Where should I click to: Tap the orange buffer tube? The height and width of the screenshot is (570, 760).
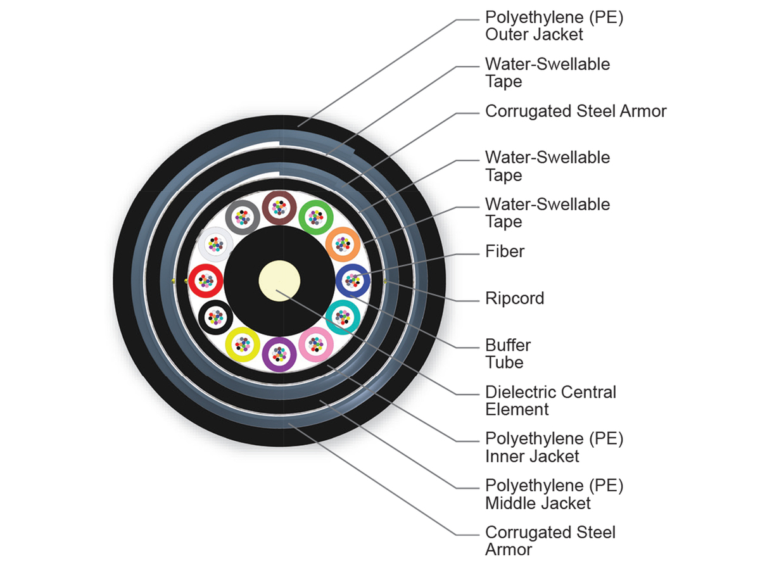(x=343, y=244)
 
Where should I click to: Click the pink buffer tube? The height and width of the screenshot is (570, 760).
(x=315, y=345)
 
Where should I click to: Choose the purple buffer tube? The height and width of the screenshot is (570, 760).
(x=279, y=353)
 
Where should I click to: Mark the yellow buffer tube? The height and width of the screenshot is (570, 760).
(x=242, y=344)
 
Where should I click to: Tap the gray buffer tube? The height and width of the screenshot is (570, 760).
(x=243, y=217)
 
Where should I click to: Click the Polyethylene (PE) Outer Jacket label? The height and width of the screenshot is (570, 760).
(x=554, y=26)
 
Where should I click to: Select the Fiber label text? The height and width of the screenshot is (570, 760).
(x=505, y=251)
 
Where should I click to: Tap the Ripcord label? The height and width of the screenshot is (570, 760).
(x=514, y=298)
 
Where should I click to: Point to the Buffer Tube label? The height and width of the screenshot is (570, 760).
(x=507, y=354)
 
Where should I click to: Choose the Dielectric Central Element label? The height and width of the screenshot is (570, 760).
(x=550, y=400)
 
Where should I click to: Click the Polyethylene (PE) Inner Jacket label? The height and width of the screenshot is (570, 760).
(x=554, y=447)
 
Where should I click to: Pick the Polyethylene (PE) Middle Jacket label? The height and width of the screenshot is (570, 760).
(x=554, y=494)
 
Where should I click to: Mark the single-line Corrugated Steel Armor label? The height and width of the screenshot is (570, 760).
(x=576, y=111)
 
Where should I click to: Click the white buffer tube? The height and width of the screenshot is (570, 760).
(x=215, y=244)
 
